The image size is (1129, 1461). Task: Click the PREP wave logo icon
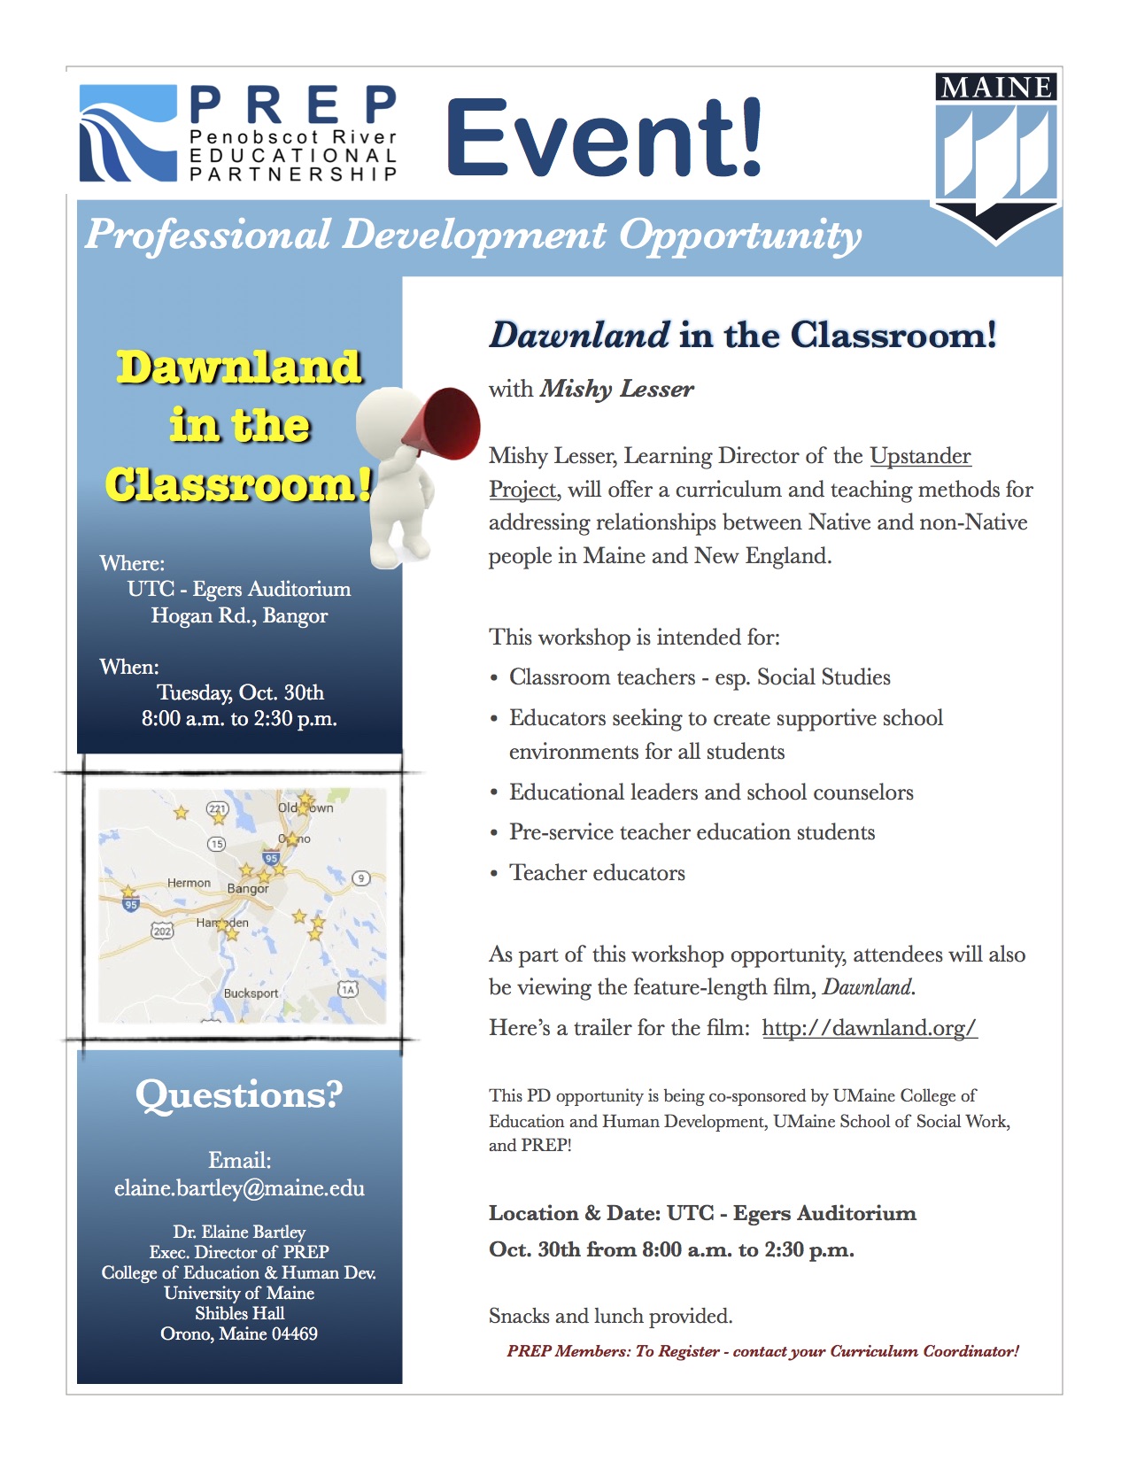(x=128, y=134)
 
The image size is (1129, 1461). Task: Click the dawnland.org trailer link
(x=869, y=1027)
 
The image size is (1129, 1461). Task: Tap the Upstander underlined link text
(x=920, y=456)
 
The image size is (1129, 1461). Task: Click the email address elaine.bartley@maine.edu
(x=239, y=1188)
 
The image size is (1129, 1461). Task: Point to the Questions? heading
(x=238, y=1094)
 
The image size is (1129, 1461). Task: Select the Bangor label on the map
(x=248, y=888)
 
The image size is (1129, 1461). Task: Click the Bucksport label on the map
(x=251, y=993)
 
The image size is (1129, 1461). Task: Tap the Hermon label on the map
(x=189, y=883)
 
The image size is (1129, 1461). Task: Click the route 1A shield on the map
(x=348, y=989)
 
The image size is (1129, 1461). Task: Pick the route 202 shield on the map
(x=162, y=931)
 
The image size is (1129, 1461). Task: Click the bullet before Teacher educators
(x=494, y=874)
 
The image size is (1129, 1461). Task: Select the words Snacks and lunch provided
(x=610, y=1316)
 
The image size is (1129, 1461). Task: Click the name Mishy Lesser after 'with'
(x=617, y=389)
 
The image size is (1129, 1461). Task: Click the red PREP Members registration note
(x=762, y=1351)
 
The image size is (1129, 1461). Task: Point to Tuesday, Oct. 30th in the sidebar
(x=240, y=692)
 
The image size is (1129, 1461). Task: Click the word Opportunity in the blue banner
(x=739, y=235)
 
